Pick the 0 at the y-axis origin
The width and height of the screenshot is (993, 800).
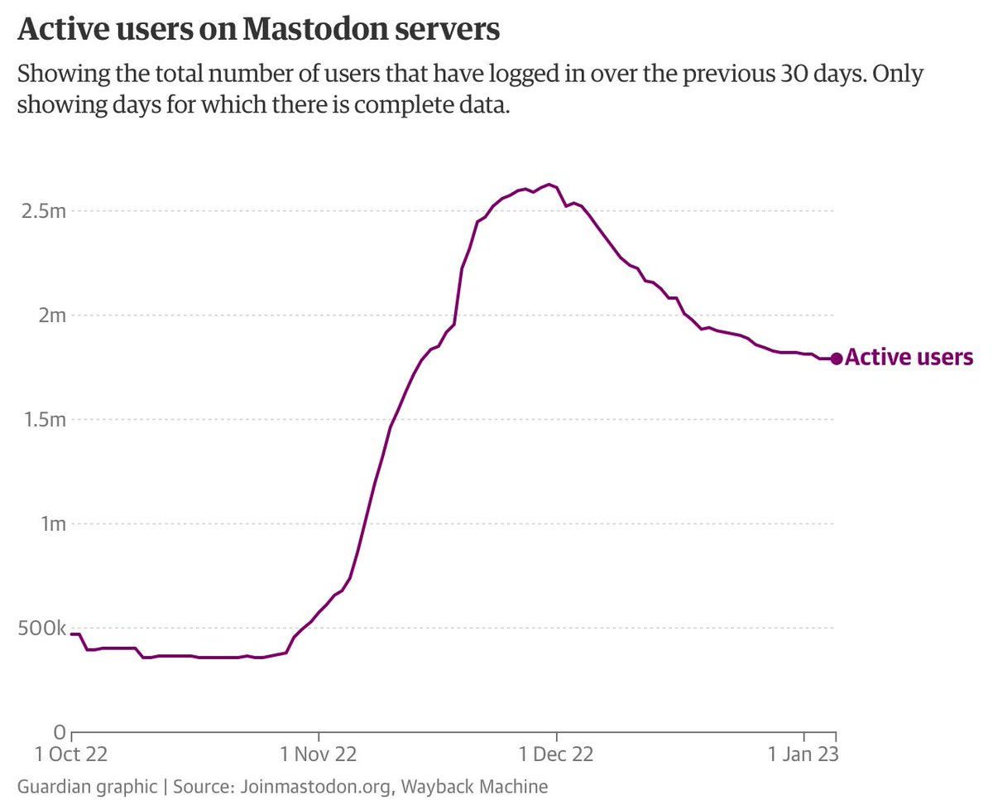[59, 732]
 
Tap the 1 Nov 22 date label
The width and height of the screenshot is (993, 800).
[319, 754]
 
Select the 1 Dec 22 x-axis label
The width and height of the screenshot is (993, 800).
[556, 754]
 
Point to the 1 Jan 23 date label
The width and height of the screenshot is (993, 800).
[804, 754]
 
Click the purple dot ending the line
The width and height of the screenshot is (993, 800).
[837, 359]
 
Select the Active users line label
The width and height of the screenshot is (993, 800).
[909, 358]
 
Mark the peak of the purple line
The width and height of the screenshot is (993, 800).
[549, 185]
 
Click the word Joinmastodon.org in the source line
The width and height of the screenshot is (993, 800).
[314, 785]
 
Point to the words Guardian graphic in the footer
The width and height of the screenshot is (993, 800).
[86, 785]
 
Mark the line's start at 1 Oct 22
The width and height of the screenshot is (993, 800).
[73, 634]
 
